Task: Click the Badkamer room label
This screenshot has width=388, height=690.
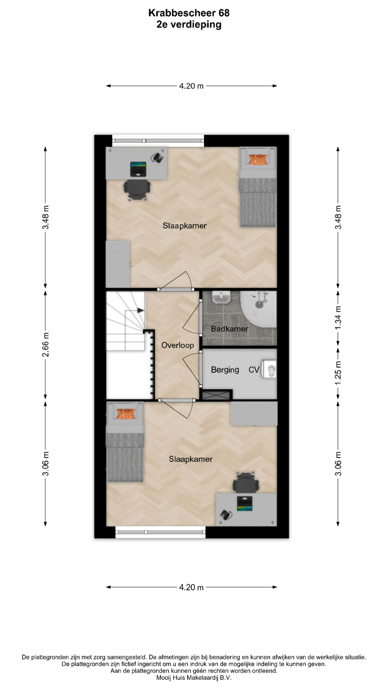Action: click(x=230, y=329)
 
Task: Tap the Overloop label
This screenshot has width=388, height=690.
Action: click(x=177, y=345)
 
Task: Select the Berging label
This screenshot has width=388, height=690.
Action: click(x=225, y=370)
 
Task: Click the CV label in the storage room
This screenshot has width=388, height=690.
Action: click(x=254, y=370)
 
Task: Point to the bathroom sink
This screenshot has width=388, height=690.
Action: click(x=221, y=297)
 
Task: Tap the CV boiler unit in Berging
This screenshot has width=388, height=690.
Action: click(x=269, y=369)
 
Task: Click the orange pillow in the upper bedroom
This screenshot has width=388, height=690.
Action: click(x=258, y=159)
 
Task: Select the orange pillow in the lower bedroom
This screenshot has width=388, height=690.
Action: click(x=125, y=414)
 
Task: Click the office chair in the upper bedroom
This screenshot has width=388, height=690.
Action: click(x=137, y=189)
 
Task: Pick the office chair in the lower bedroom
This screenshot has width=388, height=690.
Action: click(x=246, y=483)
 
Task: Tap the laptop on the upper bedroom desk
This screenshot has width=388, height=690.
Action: click(x=138, y=169)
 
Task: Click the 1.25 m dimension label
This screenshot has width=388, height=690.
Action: click(x=338, y=373)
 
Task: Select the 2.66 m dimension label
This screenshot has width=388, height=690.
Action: click(x=46, y=345)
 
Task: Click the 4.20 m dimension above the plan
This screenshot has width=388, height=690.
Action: click(x=191, y=86)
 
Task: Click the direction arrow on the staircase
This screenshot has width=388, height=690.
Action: click(x=140, y=310)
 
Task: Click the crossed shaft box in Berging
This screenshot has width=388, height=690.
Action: click(x=216, y=395)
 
